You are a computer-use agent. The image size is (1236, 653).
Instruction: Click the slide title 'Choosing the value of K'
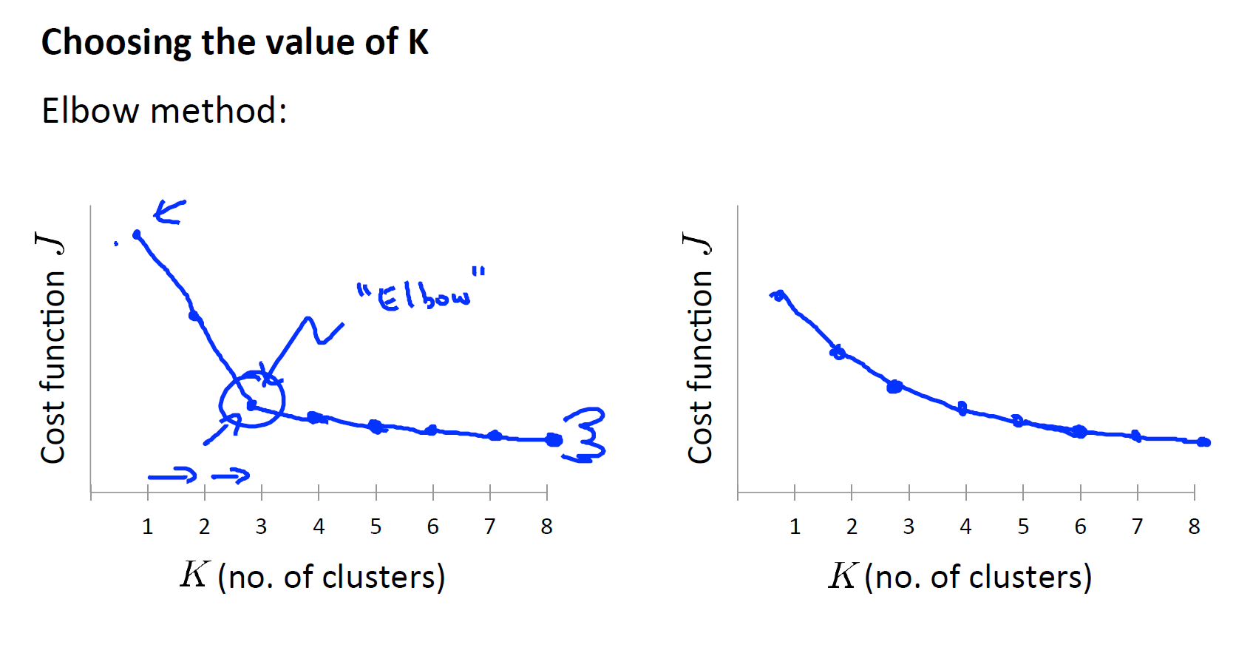tap(234, 42)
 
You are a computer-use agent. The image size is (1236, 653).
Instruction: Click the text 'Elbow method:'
tap(164, 112)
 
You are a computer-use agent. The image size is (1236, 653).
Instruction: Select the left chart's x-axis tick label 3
tap(261, 527)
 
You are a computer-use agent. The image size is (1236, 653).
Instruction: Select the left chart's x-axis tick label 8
tap(546, 527)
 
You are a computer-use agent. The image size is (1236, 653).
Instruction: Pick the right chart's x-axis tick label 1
tap(795, 527)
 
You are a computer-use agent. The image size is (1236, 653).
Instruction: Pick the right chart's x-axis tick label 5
tap(1023, 527)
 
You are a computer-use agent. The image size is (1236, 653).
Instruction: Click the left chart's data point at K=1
tap(137, 234)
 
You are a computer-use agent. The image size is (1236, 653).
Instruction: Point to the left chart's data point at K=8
tap(553, 440)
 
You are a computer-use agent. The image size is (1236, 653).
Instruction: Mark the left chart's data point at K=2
tap(194, 316)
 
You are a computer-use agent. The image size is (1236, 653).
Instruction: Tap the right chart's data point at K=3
tap(894, 386)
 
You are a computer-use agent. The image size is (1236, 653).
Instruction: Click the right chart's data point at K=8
tap(1203, 442)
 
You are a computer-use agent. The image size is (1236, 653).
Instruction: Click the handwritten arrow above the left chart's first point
tap(169, 212)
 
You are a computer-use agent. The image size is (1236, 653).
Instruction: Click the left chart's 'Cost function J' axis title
tap(52, 348)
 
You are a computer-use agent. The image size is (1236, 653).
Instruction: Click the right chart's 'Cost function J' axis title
tap(699, 348)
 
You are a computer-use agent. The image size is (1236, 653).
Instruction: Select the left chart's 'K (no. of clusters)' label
tap(313, 576)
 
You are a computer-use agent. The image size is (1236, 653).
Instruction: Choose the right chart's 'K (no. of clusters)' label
tap(960, 576)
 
